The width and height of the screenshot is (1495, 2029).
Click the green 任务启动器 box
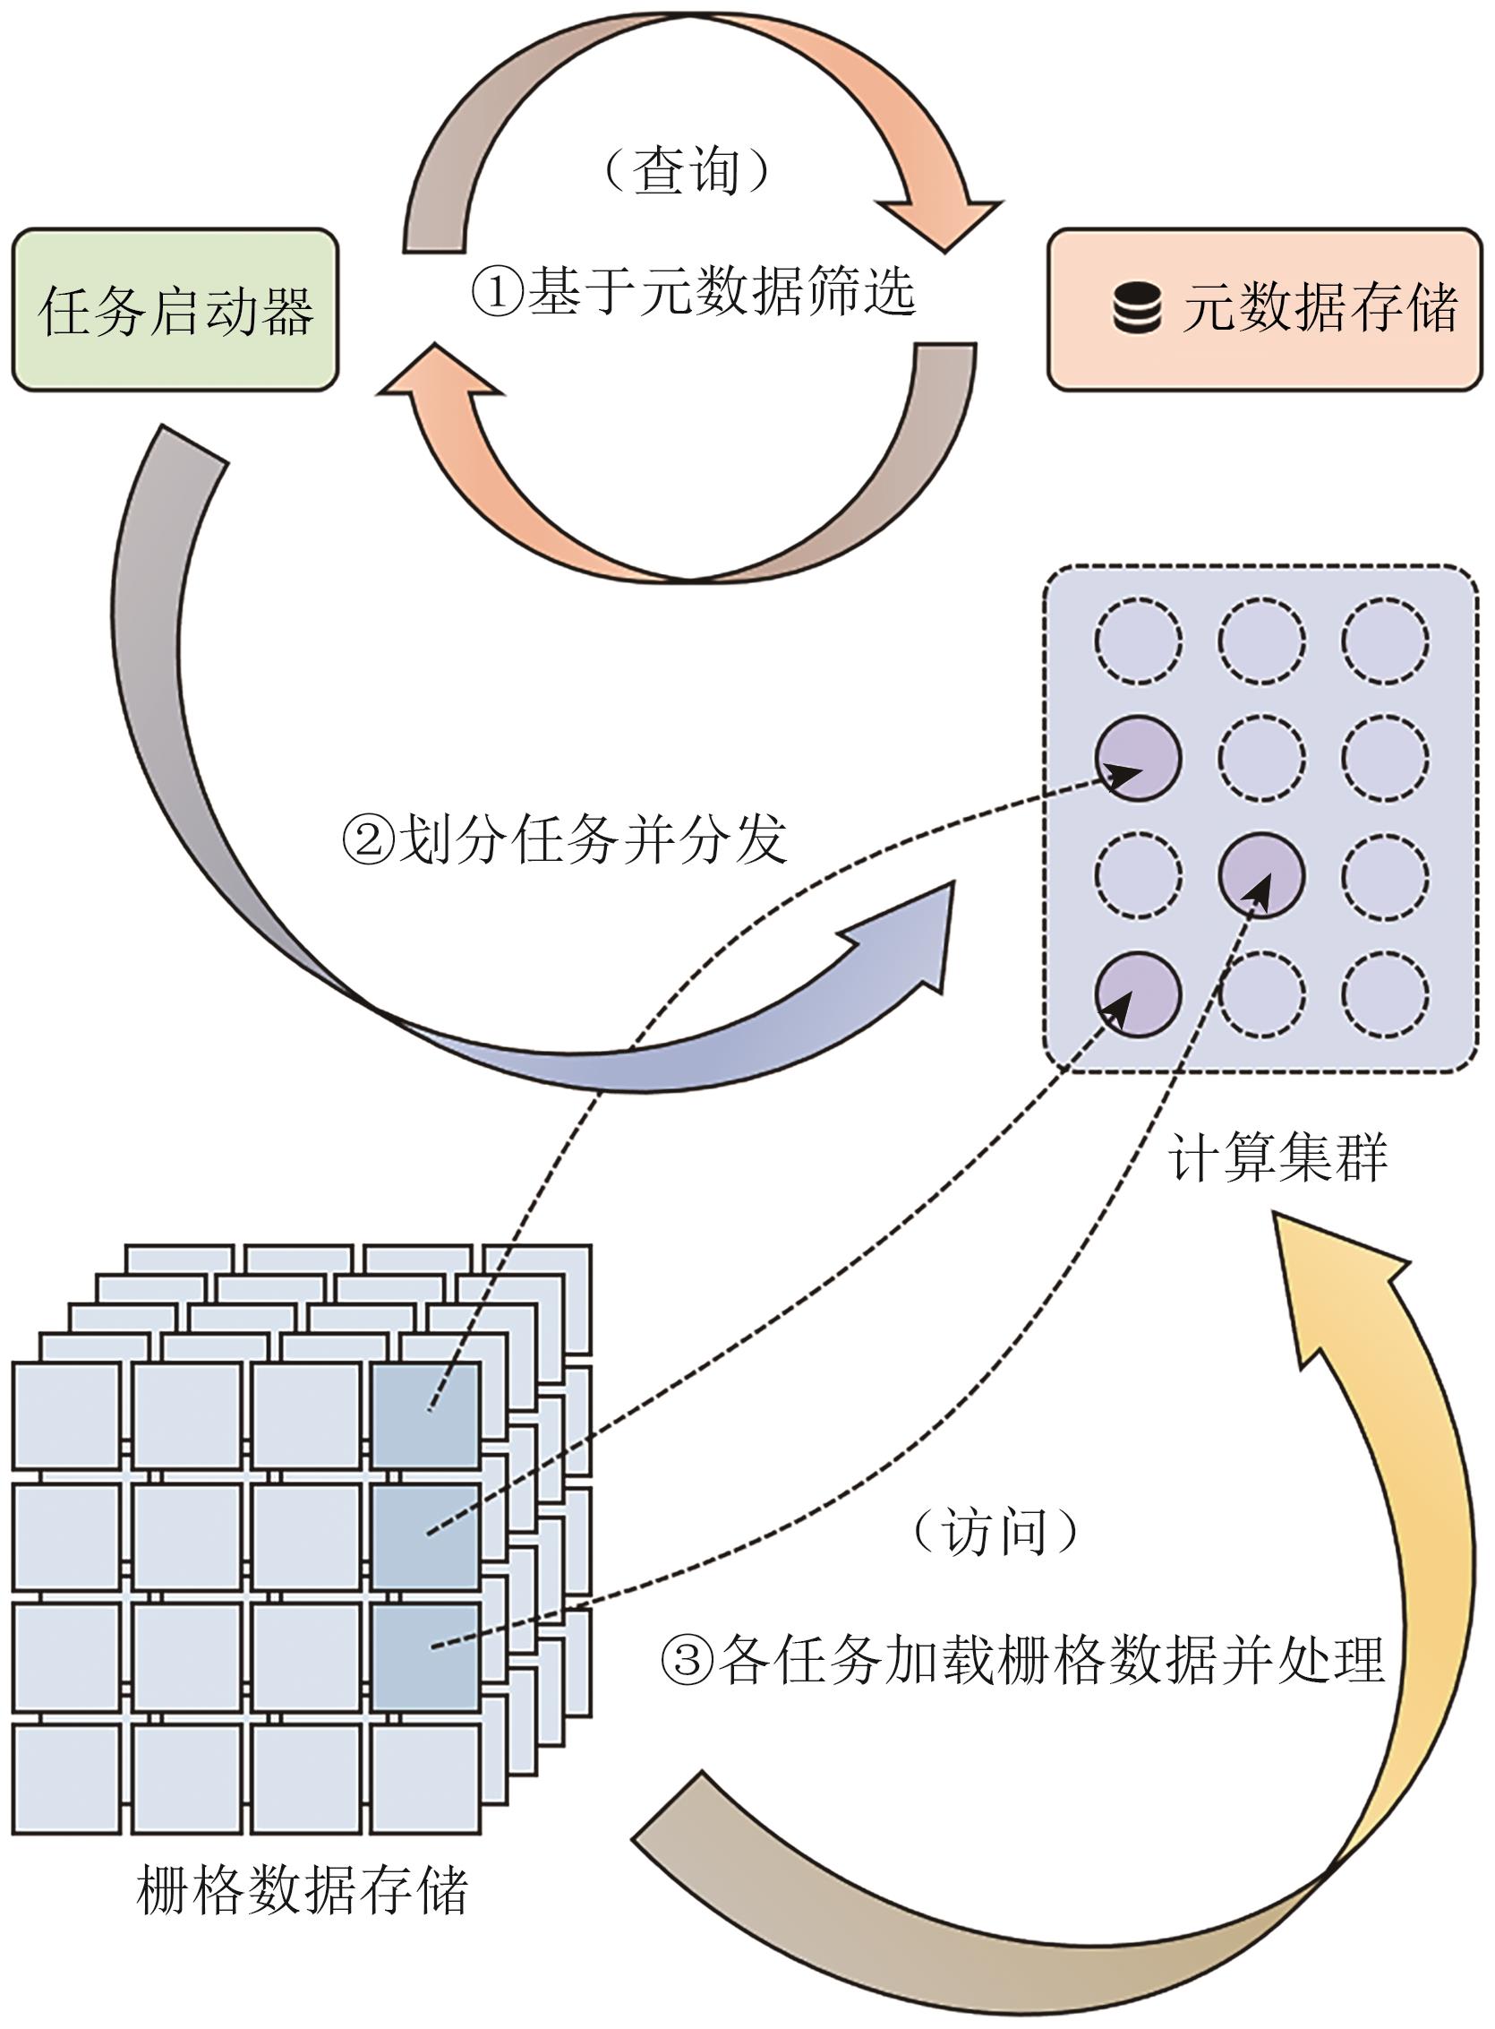[x=175, y=310]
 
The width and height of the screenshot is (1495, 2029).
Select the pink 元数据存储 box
[x=1263, y=310]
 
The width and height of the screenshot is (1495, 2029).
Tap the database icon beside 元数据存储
[x=1137, y=309]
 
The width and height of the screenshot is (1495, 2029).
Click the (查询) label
[x=686, y=170]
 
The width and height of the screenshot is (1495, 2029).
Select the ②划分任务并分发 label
[x=564, y=839]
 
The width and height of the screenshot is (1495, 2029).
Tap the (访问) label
[x=995, y=1533]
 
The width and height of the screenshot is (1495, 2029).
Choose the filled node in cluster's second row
[x=1138, y=758]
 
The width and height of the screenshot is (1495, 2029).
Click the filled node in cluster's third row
[x=1261, y=875]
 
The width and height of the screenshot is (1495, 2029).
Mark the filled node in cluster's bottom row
[x=1138, y=994]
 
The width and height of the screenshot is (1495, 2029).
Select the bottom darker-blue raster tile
[x=425, y=1656]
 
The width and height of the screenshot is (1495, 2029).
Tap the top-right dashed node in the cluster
[x=1385, y=641]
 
